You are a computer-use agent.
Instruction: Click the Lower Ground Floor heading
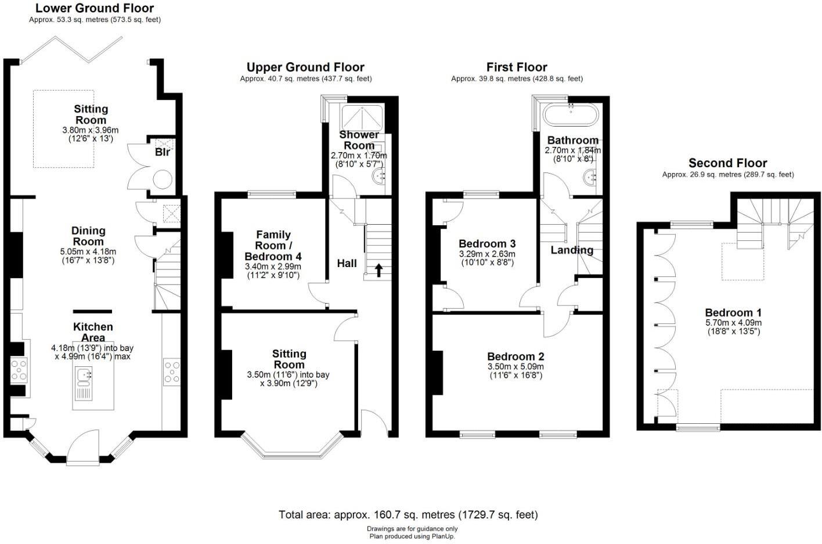(x=95, y=8)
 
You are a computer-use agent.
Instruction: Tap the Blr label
(x=163, y=152)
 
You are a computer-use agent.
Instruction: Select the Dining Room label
(x=88, y=236)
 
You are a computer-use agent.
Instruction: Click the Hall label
(x=347, y=264)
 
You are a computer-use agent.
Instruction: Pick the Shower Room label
(x=359, y=140)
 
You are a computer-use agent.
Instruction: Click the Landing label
(x=572, y=250)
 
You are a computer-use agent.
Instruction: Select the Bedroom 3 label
(x=487, y=244)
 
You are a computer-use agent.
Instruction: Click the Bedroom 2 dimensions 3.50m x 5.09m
(x=515, y=367)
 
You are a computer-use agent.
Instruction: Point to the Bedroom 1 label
(x=733, y=313)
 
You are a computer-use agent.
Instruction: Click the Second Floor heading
(x=727, y=163)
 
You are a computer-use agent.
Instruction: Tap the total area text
(x=408, y=514)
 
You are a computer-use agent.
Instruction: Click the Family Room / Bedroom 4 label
(x=273, y=246)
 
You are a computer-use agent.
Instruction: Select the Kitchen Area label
(x=93, y=332)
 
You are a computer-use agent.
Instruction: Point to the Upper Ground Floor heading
(x=305, y=67)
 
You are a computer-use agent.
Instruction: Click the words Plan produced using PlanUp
(x=412, y=536)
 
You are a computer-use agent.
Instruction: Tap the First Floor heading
(x=517, y=67)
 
